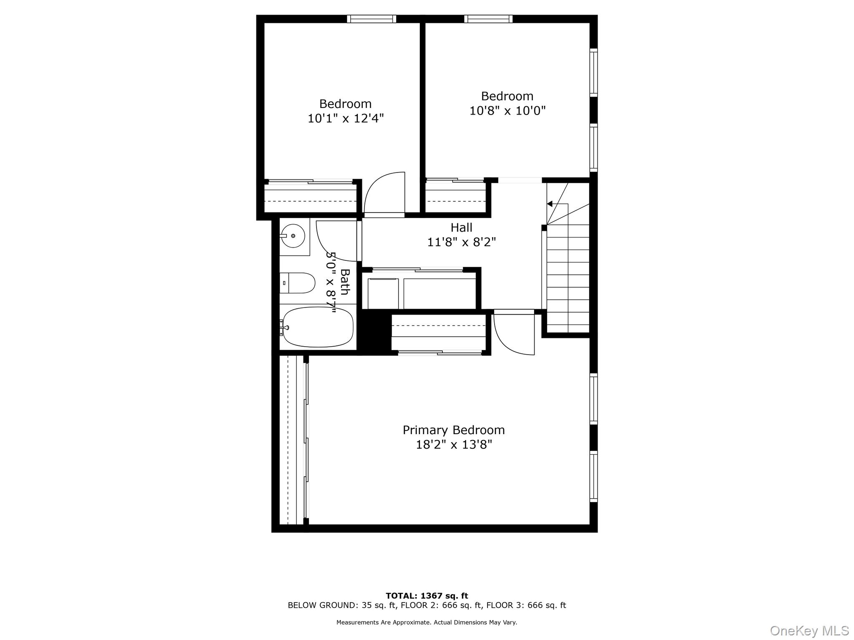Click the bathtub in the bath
318,327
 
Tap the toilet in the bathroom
297,283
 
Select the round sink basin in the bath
293,236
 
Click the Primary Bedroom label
454,430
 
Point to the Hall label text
461,227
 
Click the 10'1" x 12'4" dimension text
345,118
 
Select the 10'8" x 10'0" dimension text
507,111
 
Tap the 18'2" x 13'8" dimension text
454,445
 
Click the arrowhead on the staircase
550,204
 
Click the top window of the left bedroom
371,19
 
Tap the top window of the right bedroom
488,19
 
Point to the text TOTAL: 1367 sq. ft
427,596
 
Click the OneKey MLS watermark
809,630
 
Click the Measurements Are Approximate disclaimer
427,622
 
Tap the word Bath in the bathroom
344,282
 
